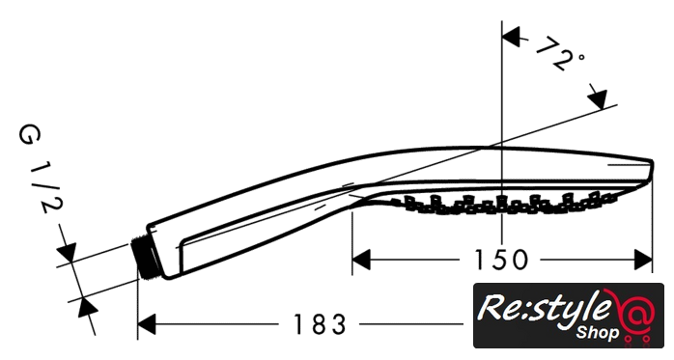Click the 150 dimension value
500,260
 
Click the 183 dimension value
319,324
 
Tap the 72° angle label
559,55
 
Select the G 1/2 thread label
40,169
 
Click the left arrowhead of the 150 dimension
361,260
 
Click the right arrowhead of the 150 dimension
643,260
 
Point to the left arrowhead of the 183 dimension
147,324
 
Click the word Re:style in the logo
545,308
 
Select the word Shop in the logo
598,332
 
